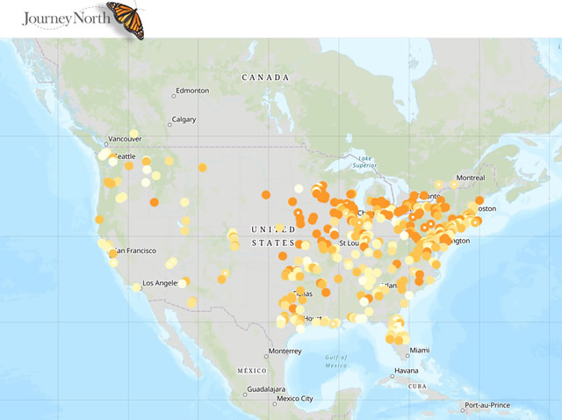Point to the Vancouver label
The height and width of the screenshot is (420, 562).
point(124,140)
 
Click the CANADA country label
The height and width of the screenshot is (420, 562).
point(265,77)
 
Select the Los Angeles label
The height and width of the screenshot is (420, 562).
point(161,283)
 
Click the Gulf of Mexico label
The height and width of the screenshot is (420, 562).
point(336,360)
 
